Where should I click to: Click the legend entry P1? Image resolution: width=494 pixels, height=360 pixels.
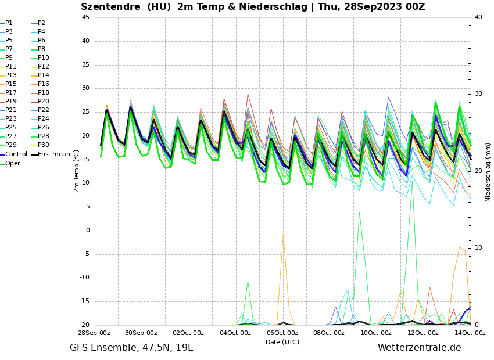tap(9, 23)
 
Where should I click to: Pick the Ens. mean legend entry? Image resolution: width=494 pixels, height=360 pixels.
tap(53, 154)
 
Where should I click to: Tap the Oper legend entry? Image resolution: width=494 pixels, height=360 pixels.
tap(12, 163)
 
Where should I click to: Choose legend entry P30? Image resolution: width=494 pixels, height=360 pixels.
tap(44, 145)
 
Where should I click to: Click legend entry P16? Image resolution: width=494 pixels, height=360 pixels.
tap(44, 84)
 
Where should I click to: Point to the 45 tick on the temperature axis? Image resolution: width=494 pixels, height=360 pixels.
tap(85, 17)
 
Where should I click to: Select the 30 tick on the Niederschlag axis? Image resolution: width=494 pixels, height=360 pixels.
tap(479, 93)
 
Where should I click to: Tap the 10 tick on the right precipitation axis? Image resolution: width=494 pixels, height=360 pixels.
tap(479, 248)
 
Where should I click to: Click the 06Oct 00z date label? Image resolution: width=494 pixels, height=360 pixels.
tap(282, 333)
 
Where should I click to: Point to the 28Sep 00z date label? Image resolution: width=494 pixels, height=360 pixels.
tap(95, 333)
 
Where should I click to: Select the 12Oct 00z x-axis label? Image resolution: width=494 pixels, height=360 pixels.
tap(423, 333)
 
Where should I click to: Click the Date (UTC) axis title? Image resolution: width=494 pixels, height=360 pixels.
tap(282, 343)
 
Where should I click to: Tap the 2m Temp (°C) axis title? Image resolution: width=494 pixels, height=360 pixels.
tap(77, 171)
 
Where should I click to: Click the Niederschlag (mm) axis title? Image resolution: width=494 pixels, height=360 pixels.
tap(488, 172)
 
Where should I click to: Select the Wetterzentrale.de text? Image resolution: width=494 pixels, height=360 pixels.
tap(419, 348)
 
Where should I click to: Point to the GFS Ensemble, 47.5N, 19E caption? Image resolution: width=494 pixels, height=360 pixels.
tap(131, 348)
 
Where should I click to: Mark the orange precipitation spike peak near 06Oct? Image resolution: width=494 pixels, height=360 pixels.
tap(283, 234)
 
